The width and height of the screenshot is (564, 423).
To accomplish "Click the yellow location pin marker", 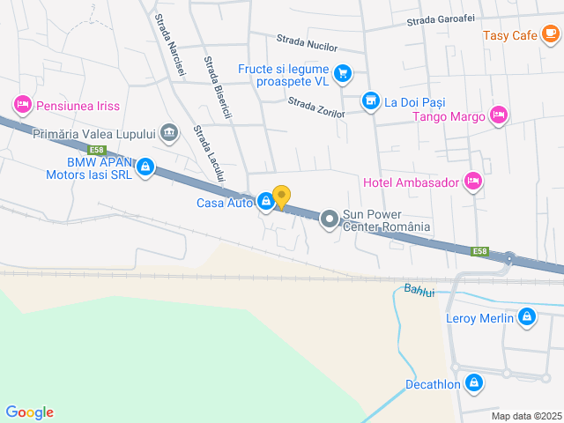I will tap(281, 197).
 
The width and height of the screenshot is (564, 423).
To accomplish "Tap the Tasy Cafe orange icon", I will tap(551, 35).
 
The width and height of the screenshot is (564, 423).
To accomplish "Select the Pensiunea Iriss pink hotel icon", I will tap(23, 106).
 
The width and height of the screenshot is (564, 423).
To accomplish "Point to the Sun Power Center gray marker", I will tap(329, 219).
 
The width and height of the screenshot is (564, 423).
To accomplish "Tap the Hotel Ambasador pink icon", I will tap(473, 182).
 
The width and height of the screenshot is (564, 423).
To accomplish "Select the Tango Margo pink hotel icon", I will tap(499, 116).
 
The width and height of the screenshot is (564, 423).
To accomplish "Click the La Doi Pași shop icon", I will tap(371, 102).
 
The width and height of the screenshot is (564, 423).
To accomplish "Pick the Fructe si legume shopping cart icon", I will tap(343, 74).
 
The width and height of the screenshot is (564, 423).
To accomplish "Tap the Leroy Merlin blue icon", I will tap(526, 317).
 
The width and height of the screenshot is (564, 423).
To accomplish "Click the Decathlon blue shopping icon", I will tap(474, 383).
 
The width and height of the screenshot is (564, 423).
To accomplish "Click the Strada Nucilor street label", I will tap(308, 41).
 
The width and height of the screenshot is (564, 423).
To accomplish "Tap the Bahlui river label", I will tap(419, 291).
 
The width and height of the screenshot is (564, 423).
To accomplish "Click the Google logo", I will tap(29, 412).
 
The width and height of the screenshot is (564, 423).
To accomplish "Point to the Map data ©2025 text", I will tap(525, 416).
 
